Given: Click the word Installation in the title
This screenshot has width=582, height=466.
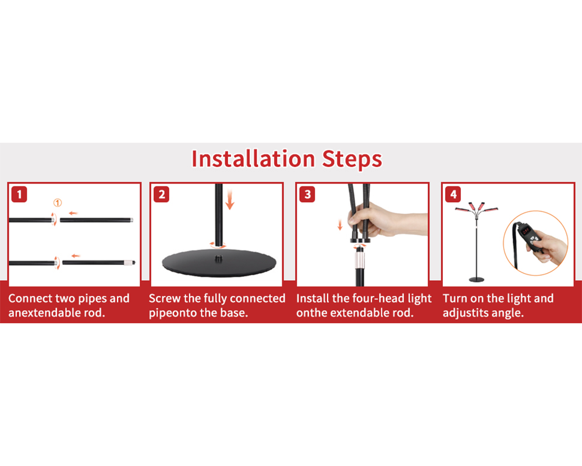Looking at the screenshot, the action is point(253,159).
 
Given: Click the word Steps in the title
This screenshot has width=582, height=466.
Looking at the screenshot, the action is point(352,160).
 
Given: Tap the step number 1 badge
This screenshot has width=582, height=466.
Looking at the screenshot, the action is point(19,195).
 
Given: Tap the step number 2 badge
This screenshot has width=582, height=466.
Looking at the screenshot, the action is point(161,195).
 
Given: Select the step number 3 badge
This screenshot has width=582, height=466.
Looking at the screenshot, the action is point(307,195).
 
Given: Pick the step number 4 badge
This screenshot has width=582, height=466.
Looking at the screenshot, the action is point(453,195).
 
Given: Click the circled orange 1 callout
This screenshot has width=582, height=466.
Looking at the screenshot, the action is point(58,203).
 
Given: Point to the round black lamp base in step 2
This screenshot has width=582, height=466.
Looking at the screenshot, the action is point(219,263).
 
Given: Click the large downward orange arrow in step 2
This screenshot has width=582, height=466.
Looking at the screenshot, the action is point(230,199).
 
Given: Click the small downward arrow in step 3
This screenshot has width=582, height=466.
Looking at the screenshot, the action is point(340,224).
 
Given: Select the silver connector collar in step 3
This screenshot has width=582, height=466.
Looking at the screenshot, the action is point(360,259).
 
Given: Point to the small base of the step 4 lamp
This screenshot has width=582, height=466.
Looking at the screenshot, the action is point(477,280).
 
